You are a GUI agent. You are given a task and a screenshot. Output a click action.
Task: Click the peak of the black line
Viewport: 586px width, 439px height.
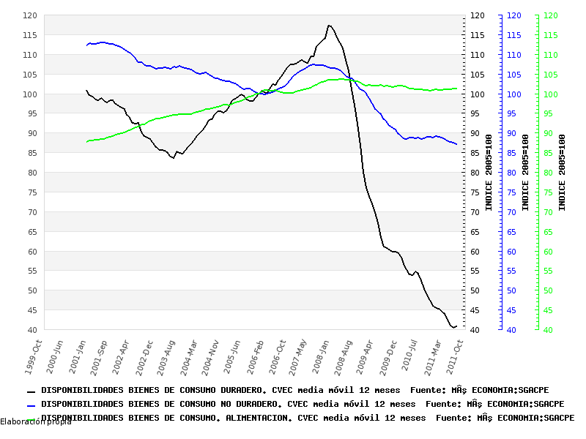(x=329, y=26)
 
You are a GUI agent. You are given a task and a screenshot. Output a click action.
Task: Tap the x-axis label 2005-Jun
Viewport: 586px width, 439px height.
(x=233, y=353)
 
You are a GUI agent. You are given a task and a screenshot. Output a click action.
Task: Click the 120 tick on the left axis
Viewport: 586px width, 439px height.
(x=30, y=15)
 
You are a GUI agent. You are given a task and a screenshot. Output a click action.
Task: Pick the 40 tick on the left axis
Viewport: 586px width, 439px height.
(x=32, y=330)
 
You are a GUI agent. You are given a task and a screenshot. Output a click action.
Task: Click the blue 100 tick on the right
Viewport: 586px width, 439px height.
(x=514, y=94)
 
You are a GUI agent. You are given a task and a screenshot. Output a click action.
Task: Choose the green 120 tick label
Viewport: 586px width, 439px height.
(x=551, y=15)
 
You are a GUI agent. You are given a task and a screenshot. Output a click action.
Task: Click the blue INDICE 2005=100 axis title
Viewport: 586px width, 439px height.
(x=525, y=173)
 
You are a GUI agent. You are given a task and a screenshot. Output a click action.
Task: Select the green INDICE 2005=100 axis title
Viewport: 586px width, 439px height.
(x=562, y=173)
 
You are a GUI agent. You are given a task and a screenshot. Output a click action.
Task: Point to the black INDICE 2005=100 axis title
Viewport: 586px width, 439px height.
(x=489, y=173)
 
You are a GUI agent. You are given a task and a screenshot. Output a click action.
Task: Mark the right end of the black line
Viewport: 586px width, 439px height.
(x=456, y=326)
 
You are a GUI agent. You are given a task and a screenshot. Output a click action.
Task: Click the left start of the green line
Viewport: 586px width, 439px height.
(x=86, y=142)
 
